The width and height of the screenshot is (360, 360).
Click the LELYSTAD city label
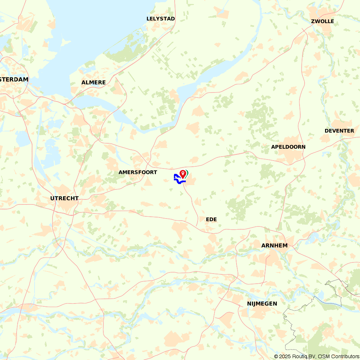coord(161,19)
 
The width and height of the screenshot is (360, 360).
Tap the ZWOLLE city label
coord(322,21)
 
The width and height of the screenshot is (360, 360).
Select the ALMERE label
coord(94,82)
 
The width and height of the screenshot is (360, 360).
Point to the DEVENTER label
coord(339,131)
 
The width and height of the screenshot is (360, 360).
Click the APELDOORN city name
coord(288,147)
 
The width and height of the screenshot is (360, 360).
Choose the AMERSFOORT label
coord(138,172)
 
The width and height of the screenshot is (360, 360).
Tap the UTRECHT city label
coord(64,198)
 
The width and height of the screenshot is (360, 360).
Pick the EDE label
coord(211,219)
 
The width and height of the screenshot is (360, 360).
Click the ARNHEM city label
coord(274,246)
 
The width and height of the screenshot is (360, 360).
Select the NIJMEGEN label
coord(262,304)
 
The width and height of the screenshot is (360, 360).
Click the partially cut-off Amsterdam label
coord(14,80)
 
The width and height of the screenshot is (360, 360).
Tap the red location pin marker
coord(183,174)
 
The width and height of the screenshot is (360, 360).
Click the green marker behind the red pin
coord(187,174)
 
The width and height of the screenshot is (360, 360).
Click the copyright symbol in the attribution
coord(276,356)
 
